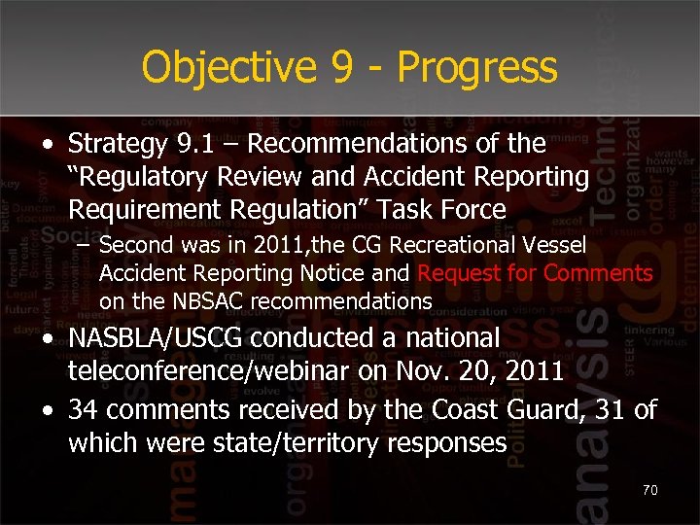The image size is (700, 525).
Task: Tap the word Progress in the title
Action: pos(477,68)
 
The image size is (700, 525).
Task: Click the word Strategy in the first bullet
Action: pos(113,144)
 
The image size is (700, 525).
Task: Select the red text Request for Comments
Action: pos(535,273)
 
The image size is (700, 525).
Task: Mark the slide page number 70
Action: pos(649,491)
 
